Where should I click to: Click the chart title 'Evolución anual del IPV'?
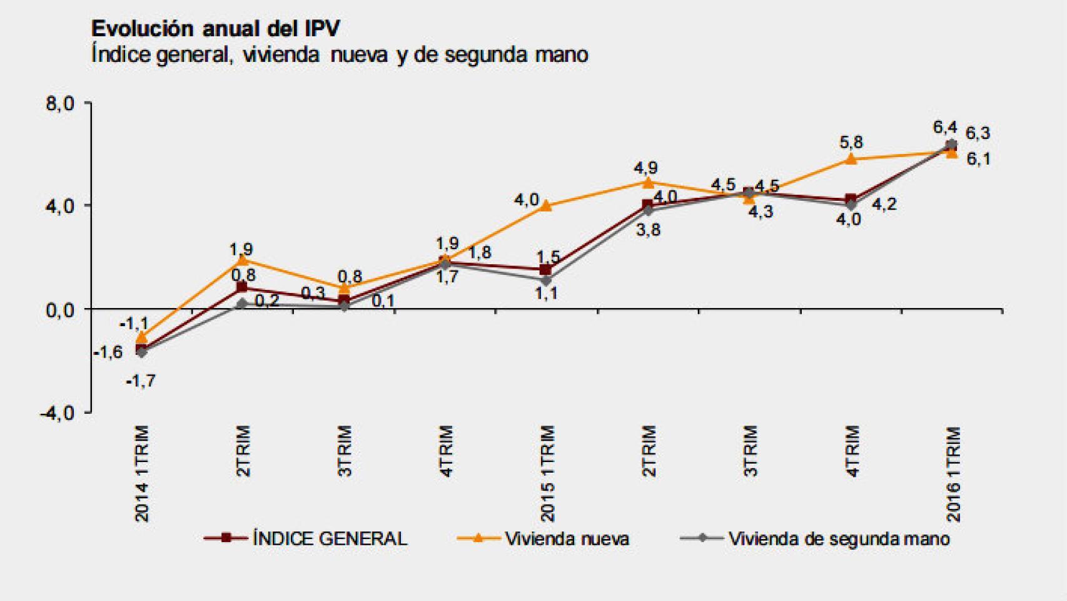[x=216, y=28]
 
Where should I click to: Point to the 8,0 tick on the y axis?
[x=60, y=104]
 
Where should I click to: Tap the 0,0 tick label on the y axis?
[x=60, y=310]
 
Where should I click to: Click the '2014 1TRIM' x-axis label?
[x=143, y=473]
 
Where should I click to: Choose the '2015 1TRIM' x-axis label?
[x=547, y=473]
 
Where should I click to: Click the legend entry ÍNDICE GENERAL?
[x=330, y=538]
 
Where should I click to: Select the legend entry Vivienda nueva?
[x=567, y=538]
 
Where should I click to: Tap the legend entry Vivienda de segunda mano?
[x=838, y=538]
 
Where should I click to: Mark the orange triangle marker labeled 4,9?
[x=648, y=182]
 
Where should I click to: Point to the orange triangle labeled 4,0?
[x=546, y=205]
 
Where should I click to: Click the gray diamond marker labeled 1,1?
[x=546, y=280]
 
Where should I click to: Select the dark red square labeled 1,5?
[x=546, y=270]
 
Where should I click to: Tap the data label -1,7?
[x=141, y=381]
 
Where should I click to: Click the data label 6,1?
[x=978, y=159]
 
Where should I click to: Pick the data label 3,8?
[x=648, y=230]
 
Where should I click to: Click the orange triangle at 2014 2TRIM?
[x=243, y=260]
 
